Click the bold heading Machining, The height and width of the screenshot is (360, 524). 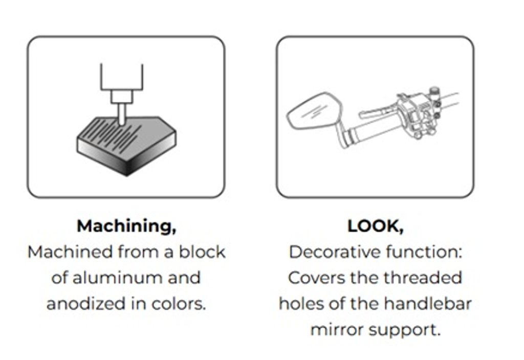pos(126,226)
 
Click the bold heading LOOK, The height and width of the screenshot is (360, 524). pos(375,226)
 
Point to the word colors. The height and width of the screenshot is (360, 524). pos(179,304)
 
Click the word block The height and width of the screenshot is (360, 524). pos(202,252)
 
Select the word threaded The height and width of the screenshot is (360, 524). pos(423,278)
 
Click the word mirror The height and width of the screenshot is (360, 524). pos(337,330)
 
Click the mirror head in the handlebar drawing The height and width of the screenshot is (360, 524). pos(315,111)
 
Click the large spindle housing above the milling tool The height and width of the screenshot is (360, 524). pos(122,77)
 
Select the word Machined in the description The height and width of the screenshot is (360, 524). pos(70,252)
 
